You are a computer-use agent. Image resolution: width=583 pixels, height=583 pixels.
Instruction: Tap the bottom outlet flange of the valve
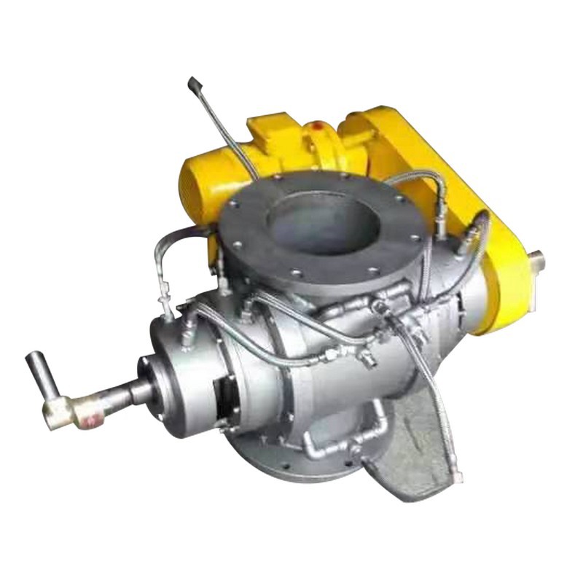pos(291,466)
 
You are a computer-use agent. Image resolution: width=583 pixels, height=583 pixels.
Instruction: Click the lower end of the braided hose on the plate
pos(455,477)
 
